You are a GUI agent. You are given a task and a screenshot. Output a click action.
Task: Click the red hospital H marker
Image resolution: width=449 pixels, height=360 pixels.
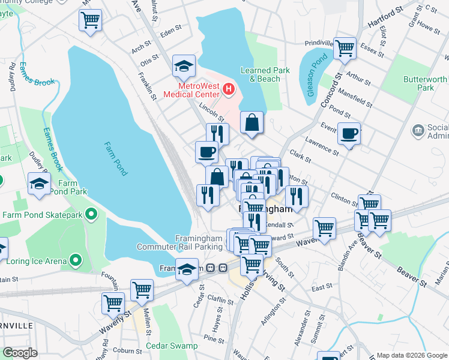[x=228, y=89]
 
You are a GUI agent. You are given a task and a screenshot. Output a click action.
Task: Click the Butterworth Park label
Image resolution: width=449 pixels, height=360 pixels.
[x=426, y=83]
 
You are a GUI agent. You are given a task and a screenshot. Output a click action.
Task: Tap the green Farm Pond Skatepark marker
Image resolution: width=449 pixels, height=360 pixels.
[x=91, y=214]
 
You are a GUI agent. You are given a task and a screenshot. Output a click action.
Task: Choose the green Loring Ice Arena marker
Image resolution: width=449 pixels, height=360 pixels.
[x=75, y=260]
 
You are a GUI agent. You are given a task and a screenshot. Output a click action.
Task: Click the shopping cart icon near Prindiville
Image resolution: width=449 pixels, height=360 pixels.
[x=345, y=47]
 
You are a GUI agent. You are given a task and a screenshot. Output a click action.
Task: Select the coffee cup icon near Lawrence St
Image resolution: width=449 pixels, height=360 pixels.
[x=348, y=133]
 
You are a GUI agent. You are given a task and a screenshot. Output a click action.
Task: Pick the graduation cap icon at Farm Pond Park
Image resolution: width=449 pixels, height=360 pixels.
[x=39, y=184]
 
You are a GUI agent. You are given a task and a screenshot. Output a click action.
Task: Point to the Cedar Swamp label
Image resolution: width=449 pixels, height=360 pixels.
[x=171, y=346]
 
